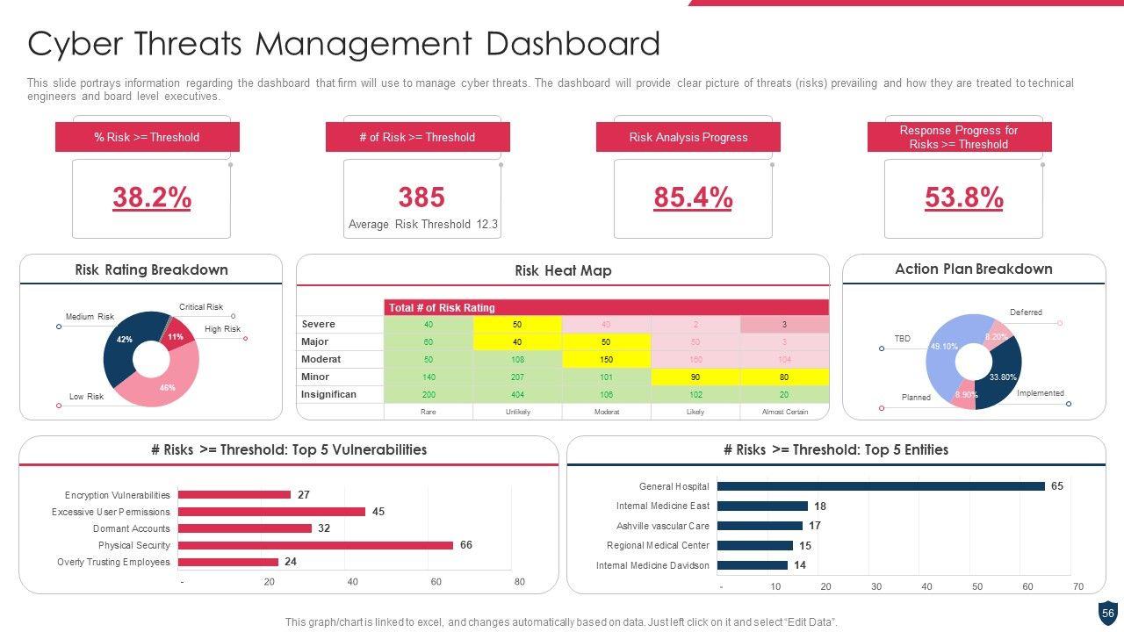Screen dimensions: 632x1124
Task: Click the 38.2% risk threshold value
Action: [152, 198]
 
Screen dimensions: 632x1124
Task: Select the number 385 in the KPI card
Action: [421, 197]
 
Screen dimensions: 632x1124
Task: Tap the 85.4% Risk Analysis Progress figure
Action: [693, 198]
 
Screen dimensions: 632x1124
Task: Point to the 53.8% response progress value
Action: [963, 198]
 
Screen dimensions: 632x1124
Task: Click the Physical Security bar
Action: [315, 545]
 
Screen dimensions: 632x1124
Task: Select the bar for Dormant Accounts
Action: [245, 528]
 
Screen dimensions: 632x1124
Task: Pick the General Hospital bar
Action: [881, 486]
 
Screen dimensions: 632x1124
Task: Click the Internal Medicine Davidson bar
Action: [753, 565]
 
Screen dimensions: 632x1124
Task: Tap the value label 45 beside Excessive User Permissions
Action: [378, 512]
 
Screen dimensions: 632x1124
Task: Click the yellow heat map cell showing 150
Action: [606, 359]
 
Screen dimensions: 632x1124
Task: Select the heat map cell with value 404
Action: [517, 394]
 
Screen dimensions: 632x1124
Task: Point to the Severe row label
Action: [318, 324]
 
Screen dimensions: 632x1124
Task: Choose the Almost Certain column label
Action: [784, 412]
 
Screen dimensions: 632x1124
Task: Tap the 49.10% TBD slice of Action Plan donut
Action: [944, 351]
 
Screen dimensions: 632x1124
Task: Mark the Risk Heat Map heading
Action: [563, 270]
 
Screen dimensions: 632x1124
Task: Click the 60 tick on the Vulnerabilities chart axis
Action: [436, 582]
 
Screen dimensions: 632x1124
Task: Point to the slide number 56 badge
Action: [1107, 614]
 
